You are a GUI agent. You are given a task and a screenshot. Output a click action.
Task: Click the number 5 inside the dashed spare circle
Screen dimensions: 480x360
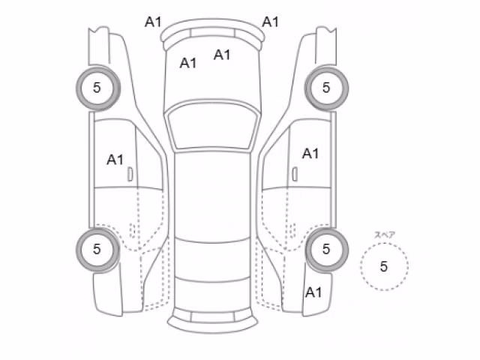pyautogui.click(x=383, y=266)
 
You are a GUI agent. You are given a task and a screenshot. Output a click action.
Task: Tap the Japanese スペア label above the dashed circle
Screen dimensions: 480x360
pyautogui.click(x=385, y=235)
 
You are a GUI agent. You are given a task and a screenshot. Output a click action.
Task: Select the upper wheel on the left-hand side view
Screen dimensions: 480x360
pyautogui.click(x=98, y=88)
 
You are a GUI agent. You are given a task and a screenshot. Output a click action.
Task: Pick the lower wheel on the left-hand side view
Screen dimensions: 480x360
pyautogui.click(x=98, y=250)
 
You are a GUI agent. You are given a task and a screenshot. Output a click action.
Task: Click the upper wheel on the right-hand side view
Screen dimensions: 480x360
pyautogui.click(x=326, y=88)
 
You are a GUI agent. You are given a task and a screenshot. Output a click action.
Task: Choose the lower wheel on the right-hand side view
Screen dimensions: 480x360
pyautogui.click(x=327, y=250)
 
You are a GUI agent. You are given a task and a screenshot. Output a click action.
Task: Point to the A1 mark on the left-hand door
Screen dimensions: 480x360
pyautogui.click(x=115, y=160)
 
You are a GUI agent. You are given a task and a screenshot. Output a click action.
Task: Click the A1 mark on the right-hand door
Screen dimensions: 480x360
pyautogui.click(x=310, y=153)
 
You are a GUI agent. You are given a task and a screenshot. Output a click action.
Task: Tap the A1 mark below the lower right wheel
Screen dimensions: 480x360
pyautogui.click(x=313, y=292)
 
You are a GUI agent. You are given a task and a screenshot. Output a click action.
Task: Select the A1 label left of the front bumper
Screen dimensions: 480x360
pyautogui.click(x=153, y=22)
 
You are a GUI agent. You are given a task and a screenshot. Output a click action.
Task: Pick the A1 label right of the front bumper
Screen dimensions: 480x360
pyautogui.click(x=271, y=22)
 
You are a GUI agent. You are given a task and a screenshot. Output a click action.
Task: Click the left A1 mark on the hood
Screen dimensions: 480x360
pyautogui.click(x=188, y=63)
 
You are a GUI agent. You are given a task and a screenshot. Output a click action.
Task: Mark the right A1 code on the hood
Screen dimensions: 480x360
pyautogui.click(x=222, y=55)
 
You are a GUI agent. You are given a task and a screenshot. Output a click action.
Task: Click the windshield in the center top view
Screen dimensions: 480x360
pyautogui.click(x=213, y=127)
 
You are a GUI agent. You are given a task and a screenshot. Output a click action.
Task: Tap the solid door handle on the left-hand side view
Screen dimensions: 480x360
pyautogui.click(x=130, y=174)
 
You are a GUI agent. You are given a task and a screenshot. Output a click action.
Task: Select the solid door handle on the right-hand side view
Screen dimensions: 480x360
pyautogui.click(x=295, y=174)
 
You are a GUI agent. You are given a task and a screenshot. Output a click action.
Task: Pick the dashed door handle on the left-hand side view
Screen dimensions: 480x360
pyautogui.click(x=133, y=230)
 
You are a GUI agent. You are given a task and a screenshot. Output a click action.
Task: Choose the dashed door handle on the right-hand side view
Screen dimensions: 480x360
pyautogui.click(x=292, y=230)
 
